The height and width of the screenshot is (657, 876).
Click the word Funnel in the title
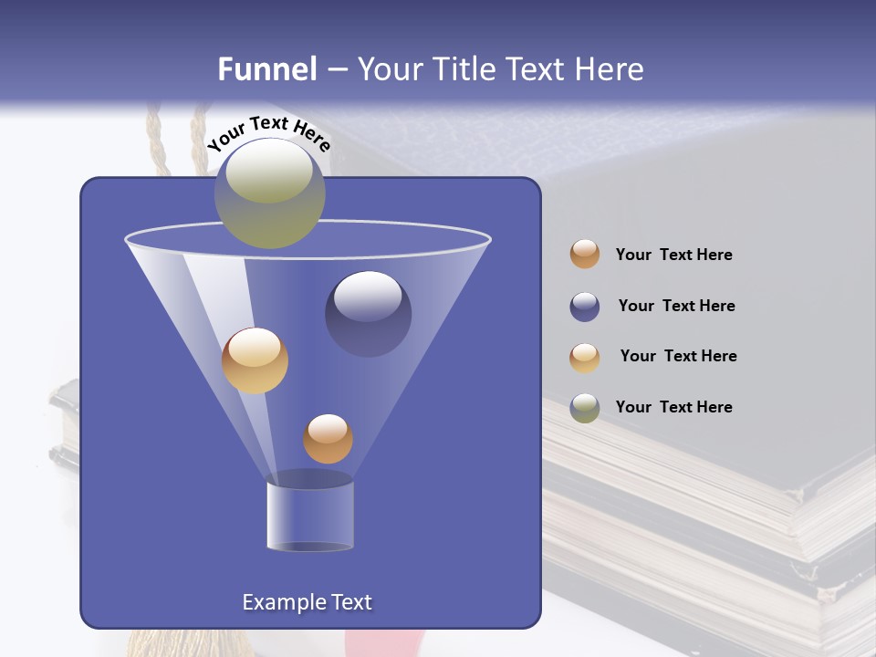[x=266, y=69]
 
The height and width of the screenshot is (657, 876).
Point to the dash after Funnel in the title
[x=336, y=70]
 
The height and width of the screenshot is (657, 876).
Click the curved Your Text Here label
[x=269, y=133]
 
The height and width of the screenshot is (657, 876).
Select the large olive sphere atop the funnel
[x=269, y=193]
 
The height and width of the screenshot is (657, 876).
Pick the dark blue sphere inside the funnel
[x=368, y=313]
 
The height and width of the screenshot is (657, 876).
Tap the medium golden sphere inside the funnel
[x=255, y=360]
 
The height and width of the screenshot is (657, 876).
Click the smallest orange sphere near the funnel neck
[x=328, y=438]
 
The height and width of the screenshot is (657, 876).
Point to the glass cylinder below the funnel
[x=309, y=516]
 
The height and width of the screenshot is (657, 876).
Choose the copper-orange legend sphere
[x=585, y=254]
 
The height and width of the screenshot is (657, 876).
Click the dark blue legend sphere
[x=585, y=307]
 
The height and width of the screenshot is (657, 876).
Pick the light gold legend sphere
[x=585, y=357]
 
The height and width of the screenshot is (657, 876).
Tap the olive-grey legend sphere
[x=585, y=408]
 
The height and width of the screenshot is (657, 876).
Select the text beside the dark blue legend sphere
[x=676, y=307]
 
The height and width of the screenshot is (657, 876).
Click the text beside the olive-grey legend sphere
[x=673, y=407]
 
